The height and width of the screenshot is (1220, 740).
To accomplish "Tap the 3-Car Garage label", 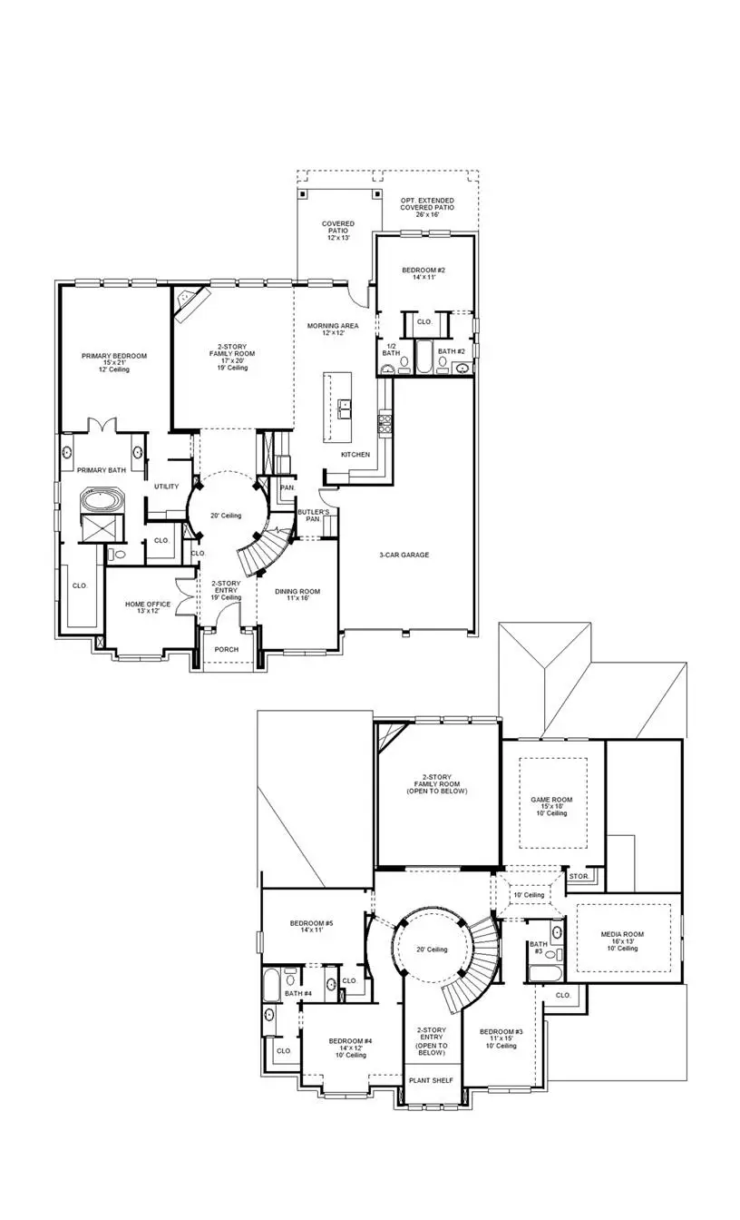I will (x=404, y=555).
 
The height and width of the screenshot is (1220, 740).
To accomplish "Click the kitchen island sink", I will (x=346, y=408).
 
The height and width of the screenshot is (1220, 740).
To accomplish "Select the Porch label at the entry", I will (x=226, y=650).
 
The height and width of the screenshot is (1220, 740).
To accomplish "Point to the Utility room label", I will (x=166, y=487).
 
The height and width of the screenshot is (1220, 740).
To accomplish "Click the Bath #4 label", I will (x=298, y=994).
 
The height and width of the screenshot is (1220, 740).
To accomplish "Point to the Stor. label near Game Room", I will (x=578, y=877).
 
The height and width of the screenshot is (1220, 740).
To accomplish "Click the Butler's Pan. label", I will (x=313, y=516).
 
